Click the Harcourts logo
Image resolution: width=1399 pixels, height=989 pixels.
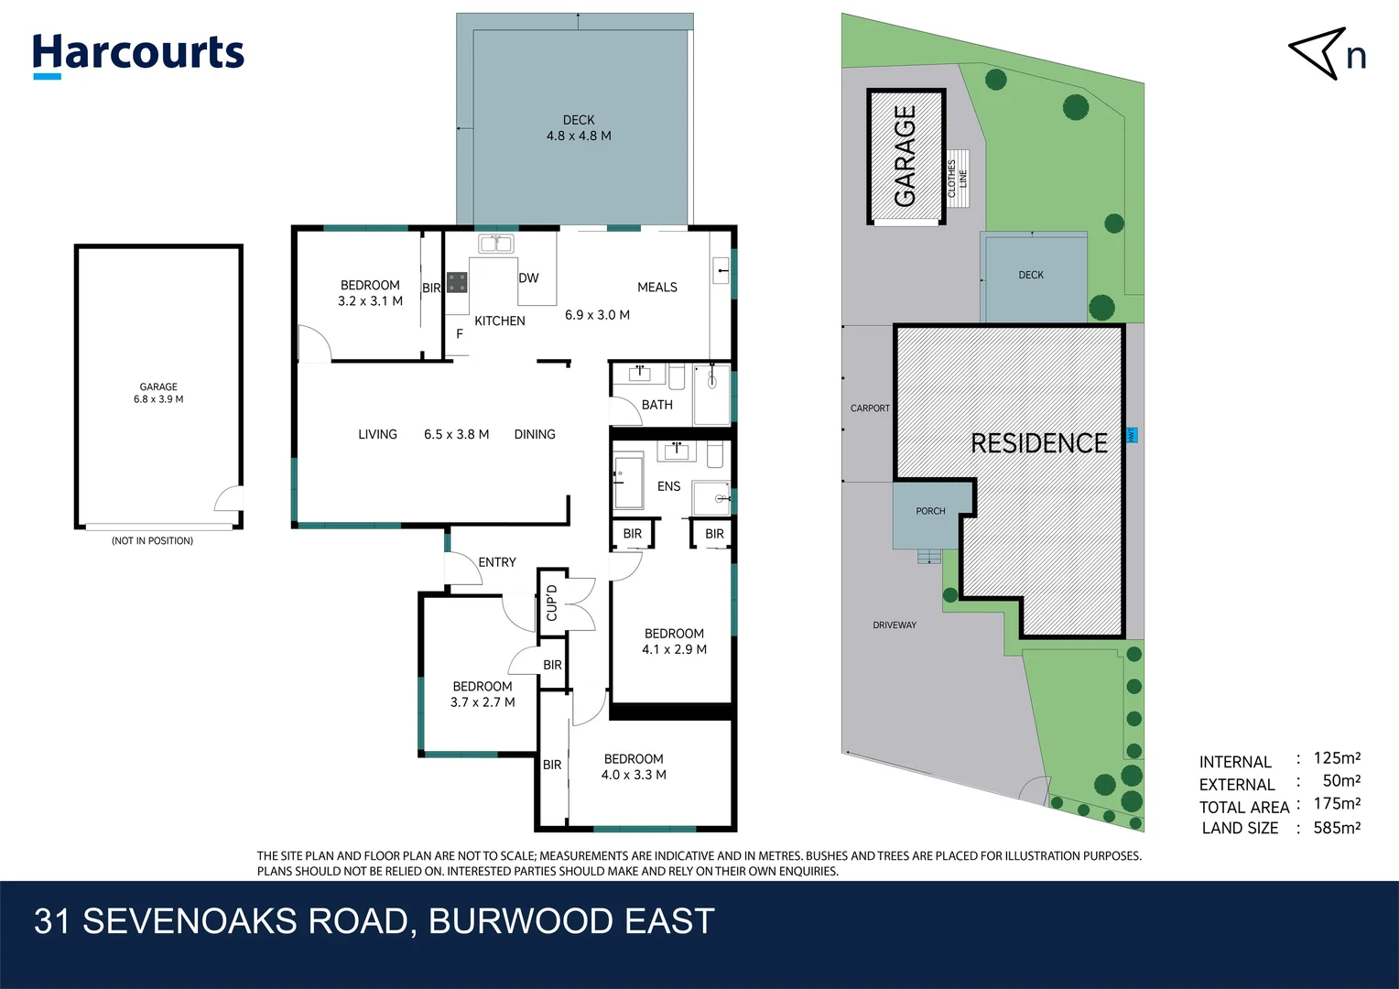tap(138, 54)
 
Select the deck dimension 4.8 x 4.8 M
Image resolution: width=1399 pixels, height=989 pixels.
tap(579, 136)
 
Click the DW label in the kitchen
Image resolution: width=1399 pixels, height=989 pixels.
tap(528, 278)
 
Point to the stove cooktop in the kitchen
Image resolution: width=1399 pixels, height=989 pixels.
tap(457, 282)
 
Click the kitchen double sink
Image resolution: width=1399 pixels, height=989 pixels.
tap(495, 244)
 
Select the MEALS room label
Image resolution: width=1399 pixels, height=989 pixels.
tap(656, 288)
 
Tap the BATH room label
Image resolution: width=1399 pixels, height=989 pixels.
tap(656, 405)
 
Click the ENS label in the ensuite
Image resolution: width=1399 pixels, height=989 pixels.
tap(668, 486)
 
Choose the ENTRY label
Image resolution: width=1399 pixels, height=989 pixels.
tap(497, 562)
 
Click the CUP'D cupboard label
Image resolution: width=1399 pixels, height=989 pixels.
tap(552, 603)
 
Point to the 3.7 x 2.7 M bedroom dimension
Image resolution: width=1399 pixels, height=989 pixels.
tap(483, 702)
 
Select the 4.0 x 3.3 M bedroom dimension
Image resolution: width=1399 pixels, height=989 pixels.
tap(634, 775)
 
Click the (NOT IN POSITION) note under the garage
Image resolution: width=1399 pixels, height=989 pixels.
tap(152, 541)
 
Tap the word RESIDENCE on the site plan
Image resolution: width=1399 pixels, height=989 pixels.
tap(1039, 443)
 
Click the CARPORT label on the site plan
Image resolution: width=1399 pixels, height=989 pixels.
tap(870, 408)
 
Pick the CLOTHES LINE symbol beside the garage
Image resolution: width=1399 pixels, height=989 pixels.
tap(958, 179)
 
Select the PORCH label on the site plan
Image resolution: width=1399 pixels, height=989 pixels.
tap(930, 511)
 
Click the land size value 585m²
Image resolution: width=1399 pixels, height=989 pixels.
tap(1337, 828)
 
